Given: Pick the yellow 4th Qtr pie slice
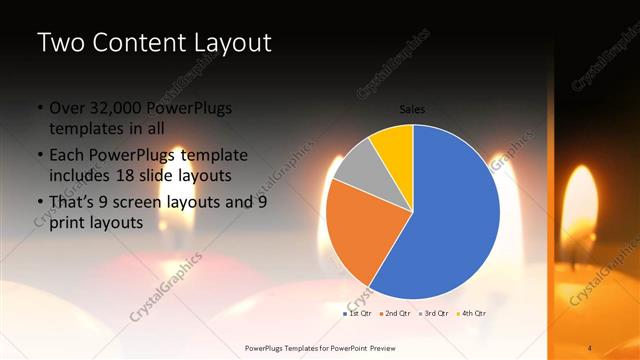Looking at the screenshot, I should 394,147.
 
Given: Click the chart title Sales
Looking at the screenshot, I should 412,108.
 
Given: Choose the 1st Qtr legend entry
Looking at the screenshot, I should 358,314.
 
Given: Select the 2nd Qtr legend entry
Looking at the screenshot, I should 398,314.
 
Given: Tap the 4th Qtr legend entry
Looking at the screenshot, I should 472,314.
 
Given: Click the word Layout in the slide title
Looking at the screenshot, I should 231,43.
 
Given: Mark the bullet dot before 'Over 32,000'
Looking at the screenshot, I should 40,108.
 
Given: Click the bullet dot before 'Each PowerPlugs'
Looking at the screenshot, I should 40,155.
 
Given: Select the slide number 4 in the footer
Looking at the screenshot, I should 590,348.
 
